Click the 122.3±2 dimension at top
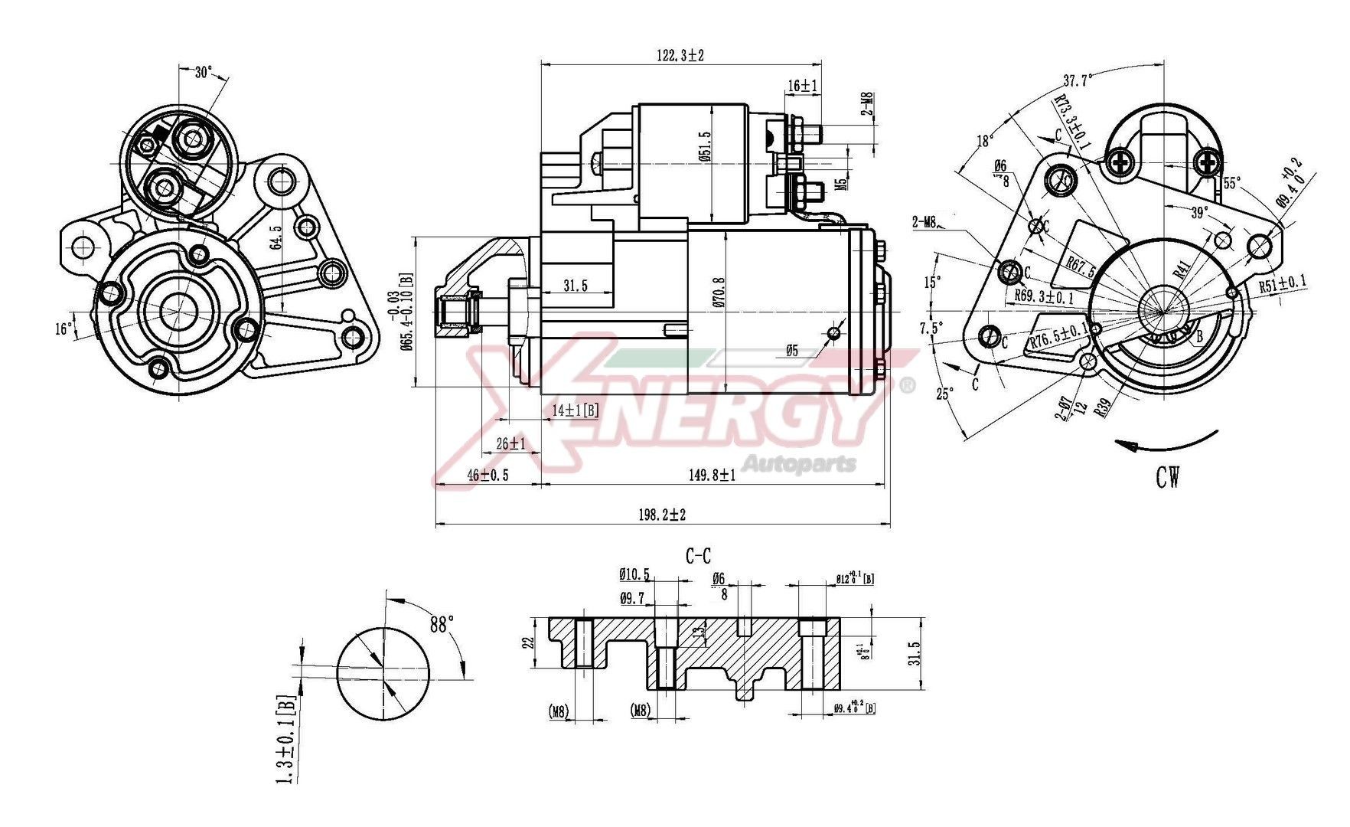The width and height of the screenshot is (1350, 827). point(680,55)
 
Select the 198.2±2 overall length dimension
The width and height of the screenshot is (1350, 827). point(663,515)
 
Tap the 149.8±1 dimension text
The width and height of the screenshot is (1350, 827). point(712,475)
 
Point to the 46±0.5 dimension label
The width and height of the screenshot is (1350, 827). point(487,475)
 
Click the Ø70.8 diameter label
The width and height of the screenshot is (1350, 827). point(718,293)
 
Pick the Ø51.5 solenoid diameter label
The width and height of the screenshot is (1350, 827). point(705,145)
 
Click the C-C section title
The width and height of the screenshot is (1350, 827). point(697,557)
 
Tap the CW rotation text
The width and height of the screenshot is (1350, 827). point(1168,478)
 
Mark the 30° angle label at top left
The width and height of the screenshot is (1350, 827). point(203,73)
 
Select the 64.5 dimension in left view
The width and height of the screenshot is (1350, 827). point(276,237)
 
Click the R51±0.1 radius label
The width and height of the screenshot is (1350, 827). point(1283,284)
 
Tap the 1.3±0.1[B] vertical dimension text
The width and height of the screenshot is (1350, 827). point(284,739)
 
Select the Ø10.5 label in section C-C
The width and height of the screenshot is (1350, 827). point(634,574)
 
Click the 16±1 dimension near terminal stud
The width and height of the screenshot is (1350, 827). point(803,86)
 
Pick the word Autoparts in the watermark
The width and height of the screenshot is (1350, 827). point(800,463)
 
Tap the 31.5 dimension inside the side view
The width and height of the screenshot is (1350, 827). point(575,286)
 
